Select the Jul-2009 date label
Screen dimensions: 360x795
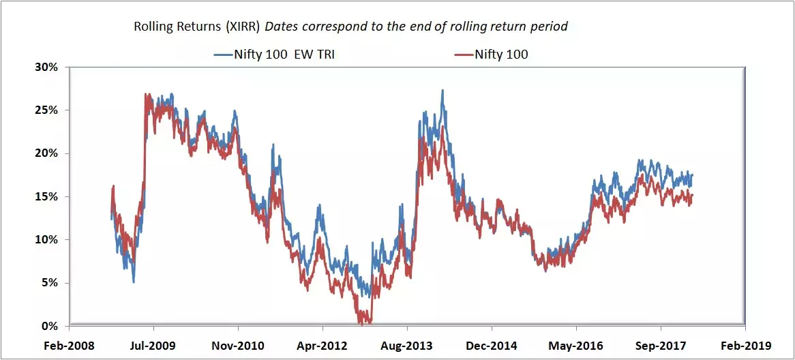tap(153, 346)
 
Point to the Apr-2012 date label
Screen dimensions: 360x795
tap(321, 346)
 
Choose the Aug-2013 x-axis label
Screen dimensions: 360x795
tap(406, 346)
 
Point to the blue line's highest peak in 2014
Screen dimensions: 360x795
tap(443, 90)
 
